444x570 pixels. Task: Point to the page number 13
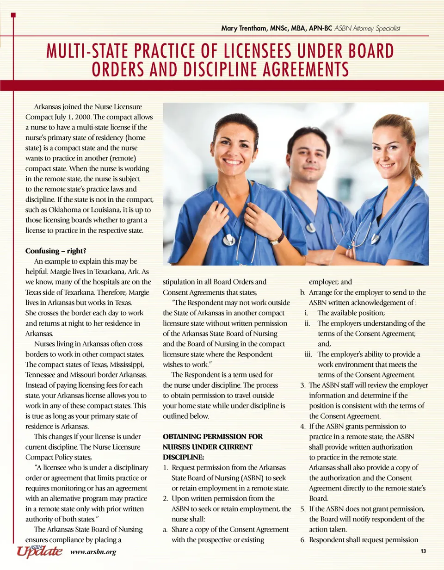point(423,551)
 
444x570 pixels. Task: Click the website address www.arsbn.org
point(93,551)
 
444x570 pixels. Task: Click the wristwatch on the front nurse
point(277,238)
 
